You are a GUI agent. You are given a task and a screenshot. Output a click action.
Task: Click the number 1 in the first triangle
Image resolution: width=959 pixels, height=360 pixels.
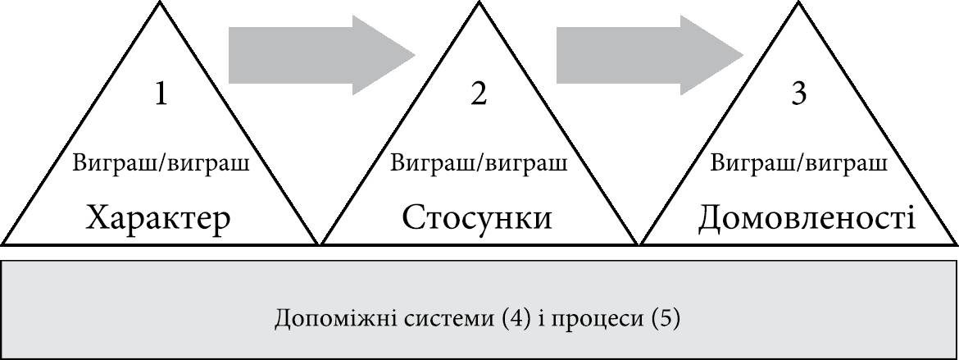tap(161, 95)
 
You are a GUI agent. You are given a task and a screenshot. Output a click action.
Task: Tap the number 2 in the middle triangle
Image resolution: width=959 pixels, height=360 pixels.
tap(479, 95)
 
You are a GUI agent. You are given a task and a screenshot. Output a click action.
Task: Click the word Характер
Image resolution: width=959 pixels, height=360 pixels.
tap(159, 218)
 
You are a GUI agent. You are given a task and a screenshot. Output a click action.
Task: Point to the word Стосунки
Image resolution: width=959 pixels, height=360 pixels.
tap(477, 218)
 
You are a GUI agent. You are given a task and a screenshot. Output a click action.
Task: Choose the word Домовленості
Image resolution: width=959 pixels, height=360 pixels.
tap(807, 218)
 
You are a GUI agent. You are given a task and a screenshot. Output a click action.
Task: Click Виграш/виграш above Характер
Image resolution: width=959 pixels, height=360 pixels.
tap(161, 162)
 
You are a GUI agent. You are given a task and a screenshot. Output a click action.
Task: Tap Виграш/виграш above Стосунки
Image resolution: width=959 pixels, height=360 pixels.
tap(479, 162)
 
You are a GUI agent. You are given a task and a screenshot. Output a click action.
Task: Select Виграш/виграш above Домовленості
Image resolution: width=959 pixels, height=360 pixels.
tap(798, 162)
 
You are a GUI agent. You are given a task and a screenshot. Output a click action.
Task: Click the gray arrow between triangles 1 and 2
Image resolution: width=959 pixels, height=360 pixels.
tap(320, 55)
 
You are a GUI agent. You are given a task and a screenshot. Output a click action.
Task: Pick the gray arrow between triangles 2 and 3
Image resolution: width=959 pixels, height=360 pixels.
tap(648, 55)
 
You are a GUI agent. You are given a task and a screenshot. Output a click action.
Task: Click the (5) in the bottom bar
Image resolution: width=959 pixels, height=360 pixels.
tap(666, 317)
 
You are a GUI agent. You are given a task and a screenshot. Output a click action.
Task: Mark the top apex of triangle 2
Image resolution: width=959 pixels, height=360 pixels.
tap(479, 4)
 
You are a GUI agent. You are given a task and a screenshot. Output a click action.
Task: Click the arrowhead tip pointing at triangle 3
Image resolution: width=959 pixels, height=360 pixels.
tap(742, 55)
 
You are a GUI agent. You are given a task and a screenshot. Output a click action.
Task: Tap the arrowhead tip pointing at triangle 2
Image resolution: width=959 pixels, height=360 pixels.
tap(416, 55)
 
